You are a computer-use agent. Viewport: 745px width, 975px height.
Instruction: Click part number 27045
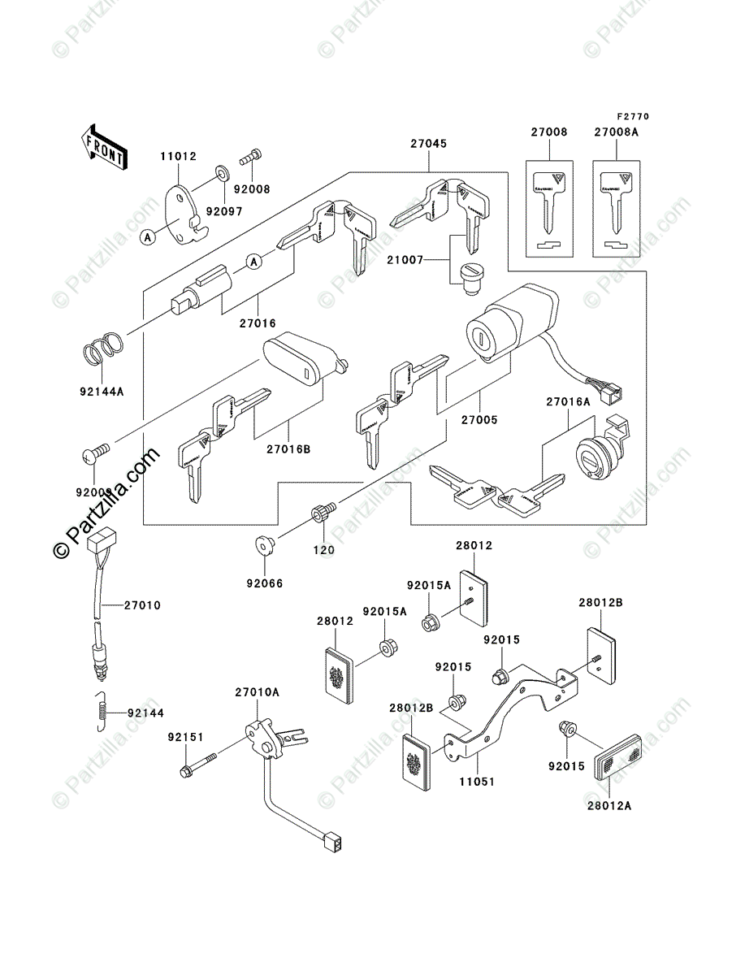pyautogui.click(x=427, y=143)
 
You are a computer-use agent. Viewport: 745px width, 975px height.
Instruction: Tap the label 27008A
pyautogui.click(x=616, y=132)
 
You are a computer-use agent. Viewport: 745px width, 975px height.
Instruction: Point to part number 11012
pyautogui.click(x=177, y=156)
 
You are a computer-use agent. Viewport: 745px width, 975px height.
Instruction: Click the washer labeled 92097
pyautogui.click(x=221, y=173)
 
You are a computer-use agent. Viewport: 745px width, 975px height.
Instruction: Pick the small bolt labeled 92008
pyautogui.click(x=251, y=155)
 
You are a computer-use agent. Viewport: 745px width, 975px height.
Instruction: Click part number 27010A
pyautogui.click(x=257, y=692)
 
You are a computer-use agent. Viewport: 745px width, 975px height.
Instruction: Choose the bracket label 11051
pyautogui.click(x=477, y=781)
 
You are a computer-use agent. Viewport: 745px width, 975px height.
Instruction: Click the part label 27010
pyautogui.click(x=143, y=605)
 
